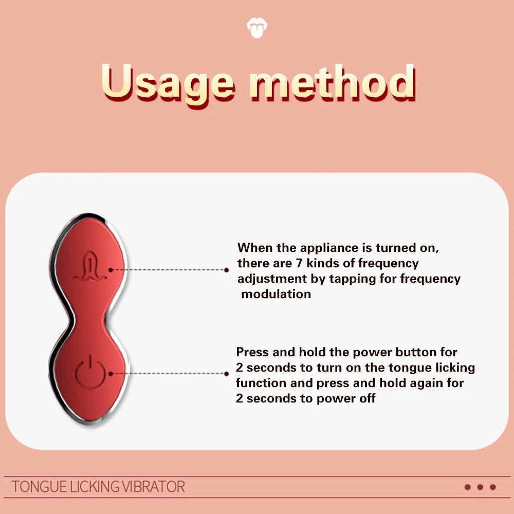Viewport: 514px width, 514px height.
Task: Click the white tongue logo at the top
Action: tap(256, 28)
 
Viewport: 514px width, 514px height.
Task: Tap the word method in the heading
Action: tap(333, 82)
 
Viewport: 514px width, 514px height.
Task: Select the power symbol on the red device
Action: tap(90, 372)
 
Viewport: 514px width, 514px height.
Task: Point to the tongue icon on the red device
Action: tap(89, 266)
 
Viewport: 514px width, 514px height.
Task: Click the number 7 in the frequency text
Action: tap(299, 263)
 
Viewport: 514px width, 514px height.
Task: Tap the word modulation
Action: tap(276, 294)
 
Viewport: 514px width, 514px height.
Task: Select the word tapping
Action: tap(353, 279)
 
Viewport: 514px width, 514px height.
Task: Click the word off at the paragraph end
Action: tap(367, 398)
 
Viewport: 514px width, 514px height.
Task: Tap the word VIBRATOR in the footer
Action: tap(153, 487)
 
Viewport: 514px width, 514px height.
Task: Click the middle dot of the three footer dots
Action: tap(480, 487)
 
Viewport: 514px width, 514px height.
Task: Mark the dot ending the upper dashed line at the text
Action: tap(227, 270)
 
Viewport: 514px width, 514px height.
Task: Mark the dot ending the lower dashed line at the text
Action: tap(227, 374)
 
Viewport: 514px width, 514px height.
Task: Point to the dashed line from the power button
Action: tap(169, 373)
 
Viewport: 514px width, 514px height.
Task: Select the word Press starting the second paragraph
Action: tap(252, 352)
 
